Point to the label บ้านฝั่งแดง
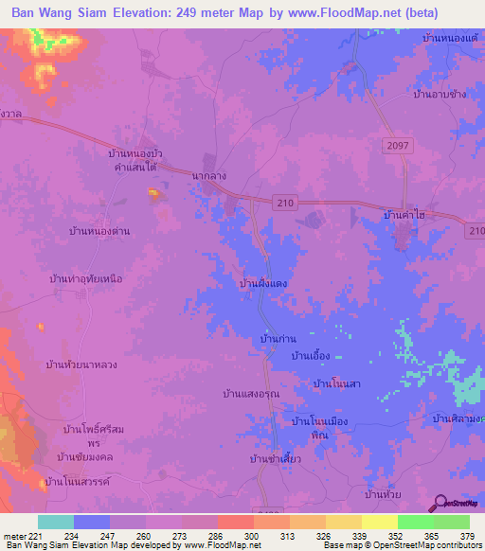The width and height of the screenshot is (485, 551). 263,283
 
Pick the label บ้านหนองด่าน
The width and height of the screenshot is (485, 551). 99,231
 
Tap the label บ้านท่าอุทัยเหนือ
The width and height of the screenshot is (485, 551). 87,279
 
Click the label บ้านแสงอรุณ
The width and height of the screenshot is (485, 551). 249,394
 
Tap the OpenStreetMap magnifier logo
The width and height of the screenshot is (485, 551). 440,504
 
